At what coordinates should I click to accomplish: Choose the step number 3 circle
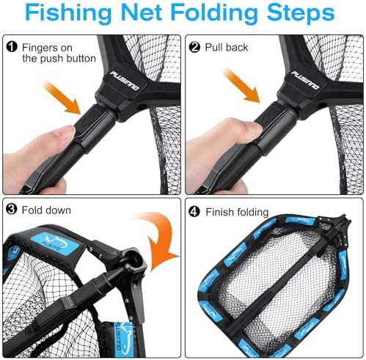tap(11, 210)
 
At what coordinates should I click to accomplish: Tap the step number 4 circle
tap(195, 210)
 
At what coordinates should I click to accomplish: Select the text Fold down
tap(45, 210)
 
